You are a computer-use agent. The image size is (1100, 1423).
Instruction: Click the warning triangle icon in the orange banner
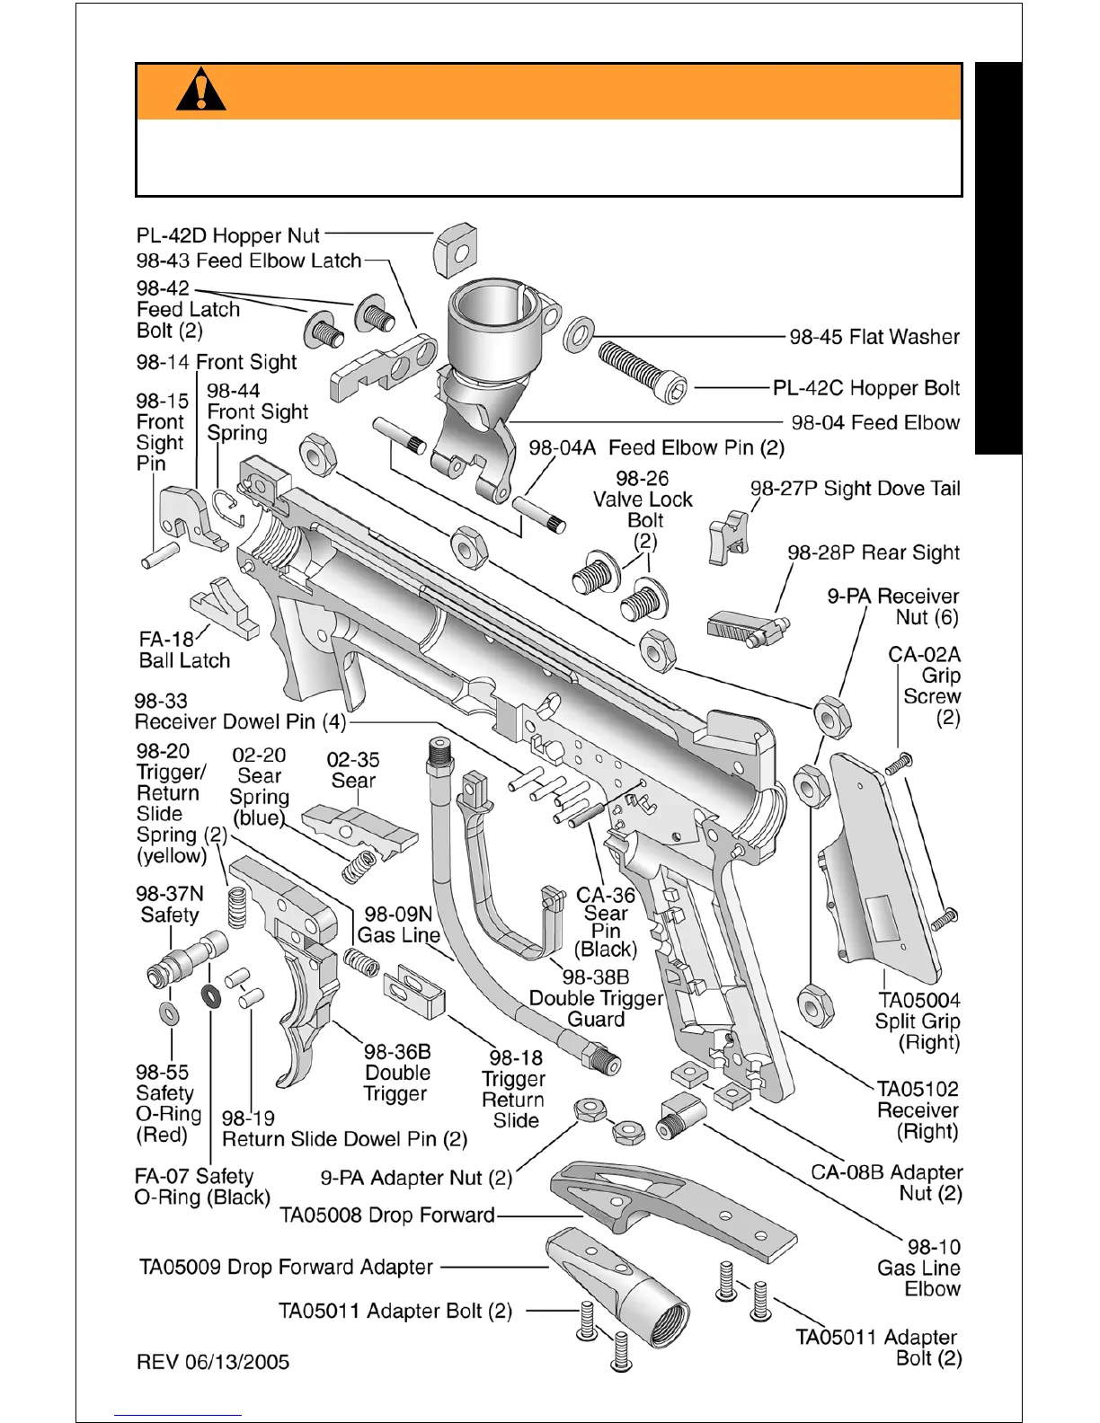[201, 90]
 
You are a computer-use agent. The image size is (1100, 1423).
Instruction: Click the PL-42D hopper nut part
[455, 251]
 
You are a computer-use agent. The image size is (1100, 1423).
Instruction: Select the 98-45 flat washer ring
[578, 334]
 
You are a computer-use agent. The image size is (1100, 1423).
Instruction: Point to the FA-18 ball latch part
[226, 605]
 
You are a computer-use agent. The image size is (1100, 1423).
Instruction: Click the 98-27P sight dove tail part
[729, 537]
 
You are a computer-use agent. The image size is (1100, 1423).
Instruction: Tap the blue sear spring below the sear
[359, 867]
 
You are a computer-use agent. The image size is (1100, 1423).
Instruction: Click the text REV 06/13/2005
[213, 1362]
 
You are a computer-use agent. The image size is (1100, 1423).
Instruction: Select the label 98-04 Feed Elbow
[875, 422]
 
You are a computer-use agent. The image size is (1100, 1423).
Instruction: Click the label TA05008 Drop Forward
[387, 1215]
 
